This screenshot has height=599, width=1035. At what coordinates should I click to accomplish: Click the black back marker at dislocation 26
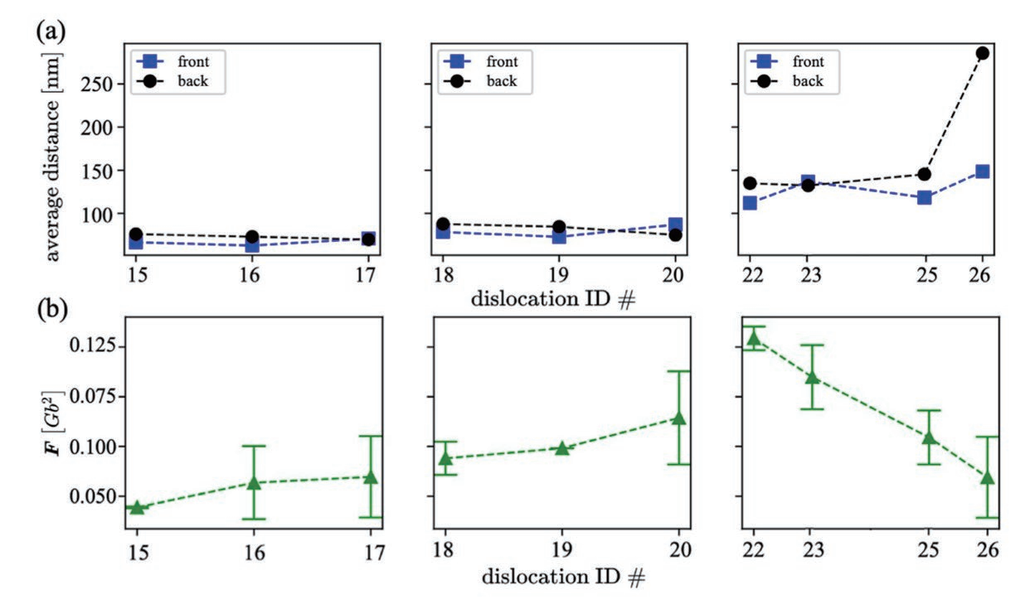pos(983,53)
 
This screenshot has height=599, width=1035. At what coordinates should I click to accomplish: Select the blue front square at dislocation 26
pos(983,171)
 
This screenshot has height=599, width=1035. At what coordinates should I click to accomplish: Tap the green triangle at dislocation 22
pos(753,338)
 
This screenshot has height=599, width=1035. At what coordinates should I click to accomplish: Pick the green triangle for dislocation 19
pos(561,448)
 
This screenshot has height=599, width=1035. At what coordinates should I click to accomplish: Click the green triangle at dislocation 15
pos(137,507)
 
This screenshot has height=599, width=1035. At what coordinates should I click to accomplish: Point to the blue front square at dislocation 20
pos(675,225)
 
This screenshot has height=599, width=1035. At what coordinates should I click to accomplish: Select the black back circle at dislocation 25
pos(924,174)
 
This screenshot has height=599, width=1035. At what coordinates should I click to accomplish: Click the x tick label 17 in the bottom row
pos(371,552)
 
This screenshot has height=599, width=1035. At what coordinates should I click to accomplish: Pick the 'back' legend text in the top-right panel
pos(807,81)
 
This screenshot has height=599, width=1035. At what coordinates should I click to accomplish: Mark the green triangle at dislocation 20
pos(679,418)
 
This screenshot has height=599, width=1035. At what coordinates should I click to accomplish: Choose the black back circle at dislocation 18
pos(443,224)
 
